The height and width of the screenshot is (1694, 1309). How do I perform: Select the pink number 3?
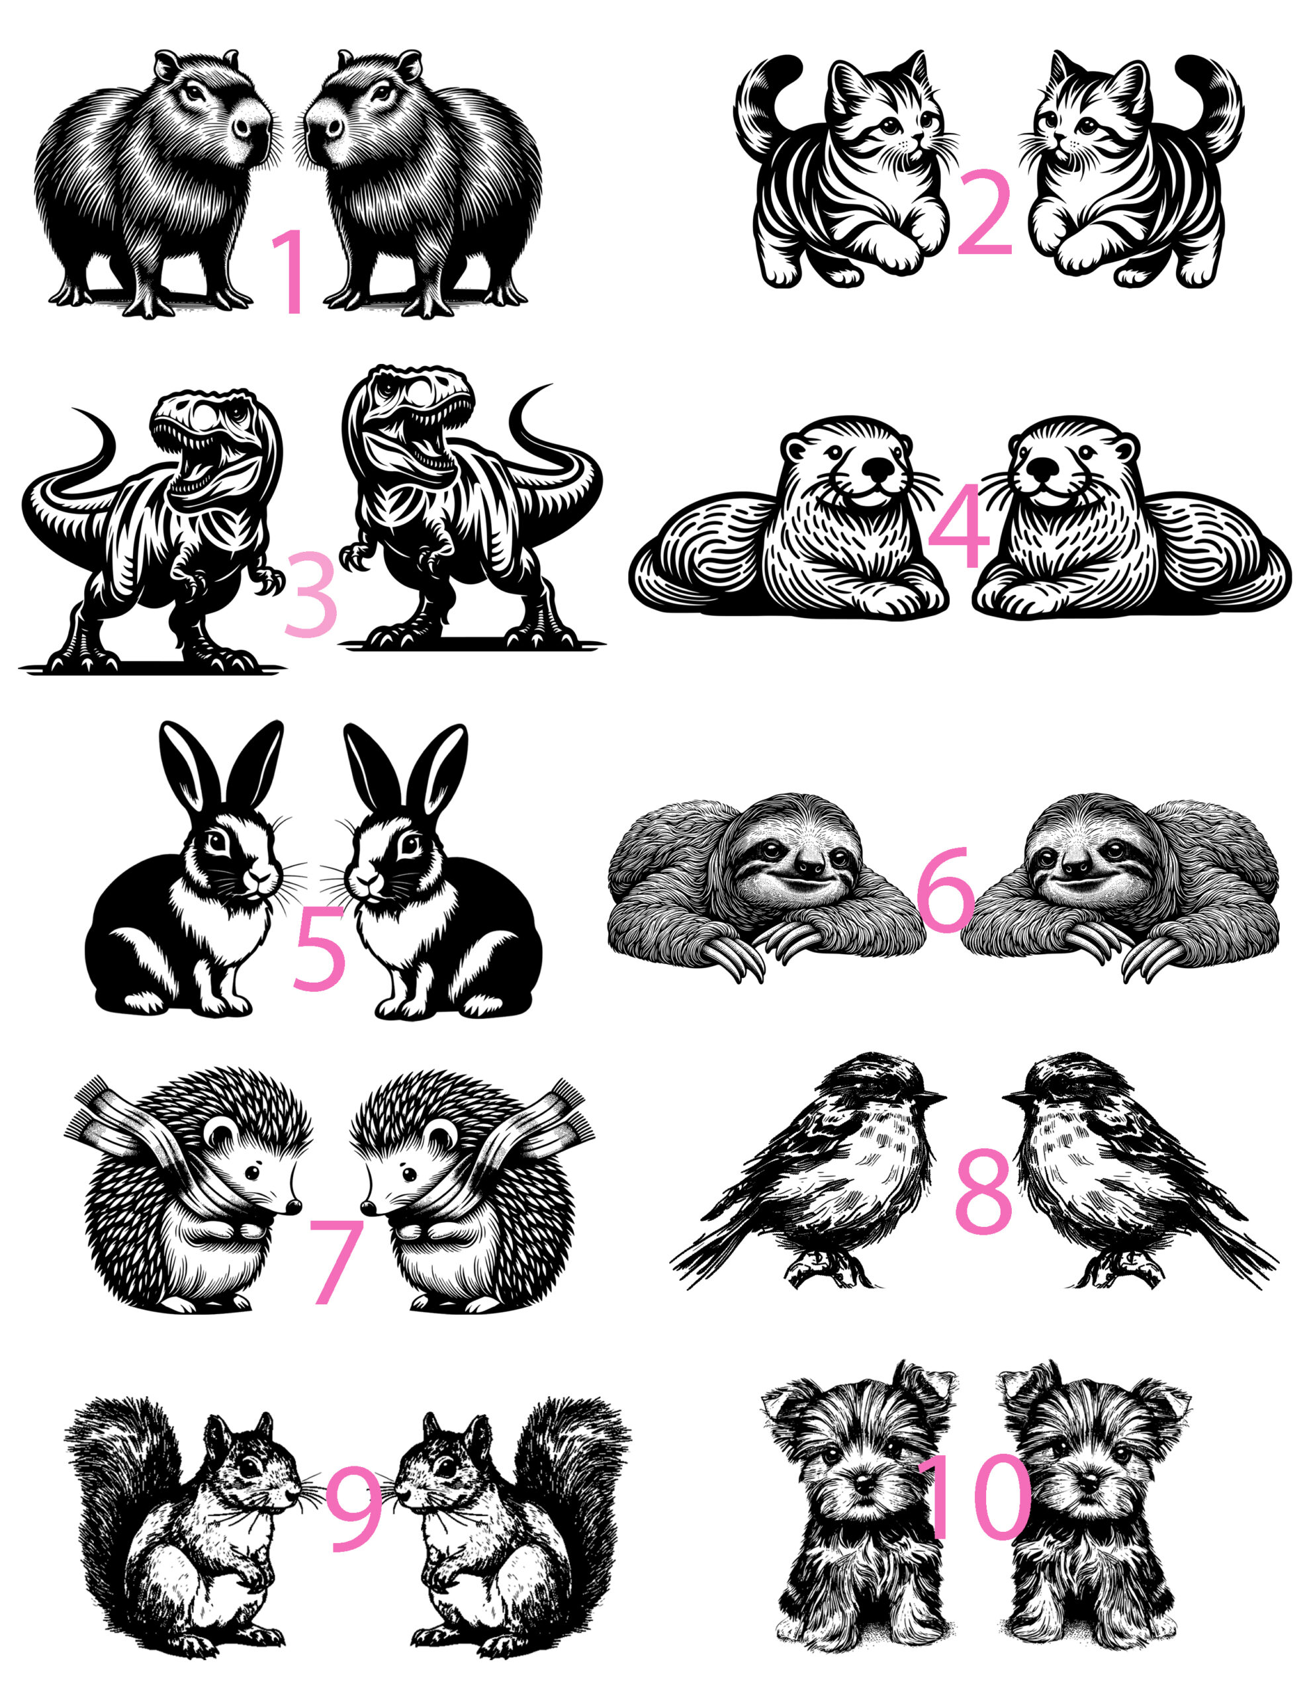click(x=310, y=594)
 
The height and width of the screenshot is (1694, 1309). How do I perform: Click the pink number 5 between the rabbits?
click(x=319, y=947)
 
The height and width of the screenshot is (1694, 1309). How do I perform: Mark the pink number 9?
click(x=353, y=1509)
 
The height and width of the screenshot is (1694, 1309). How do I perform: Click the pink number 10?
click(x=975, y=1497)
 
